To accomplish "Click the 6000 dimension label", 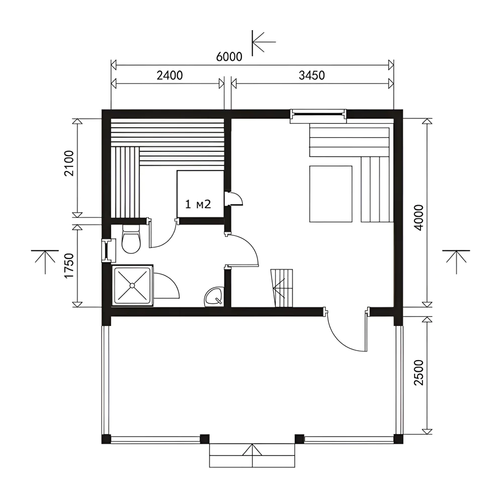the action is tap(229, 57).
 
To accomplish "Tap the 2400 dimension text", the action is tap(170, 75).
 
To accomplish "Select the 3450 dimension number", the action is tap(311, 75).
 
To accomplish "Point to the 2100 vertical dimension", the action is tap(69, 163).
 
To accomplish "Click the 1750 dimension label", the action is tap(69, 266).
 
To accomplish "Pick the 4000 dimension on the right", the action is tap(419, 217).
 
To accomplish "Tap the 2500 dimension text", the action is tap(419, 372).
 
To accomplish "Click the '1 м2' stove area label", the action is tap(198, 204).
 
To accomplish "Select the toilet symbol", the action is tap(131, 239).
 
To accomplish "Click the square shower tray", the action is tap(132, 285).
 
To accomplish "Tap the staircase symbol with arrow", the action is tap(282, 288).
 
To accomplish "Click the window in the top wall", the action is tap(318, 116).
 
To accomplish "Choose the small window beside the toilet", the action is tap(107, 250).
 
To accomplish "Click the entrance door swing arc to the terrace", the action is tap(341, 340).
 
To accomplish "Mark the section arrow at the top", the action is tap(264, 42).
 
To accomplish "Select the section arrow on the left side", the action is tap(45, 262).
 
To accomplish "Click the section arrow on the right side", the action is tap(456, 262).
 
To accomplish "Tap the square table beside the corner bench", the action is tap(331, 194).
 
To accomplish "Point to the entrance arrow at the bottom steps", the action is tap(252, 456).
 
